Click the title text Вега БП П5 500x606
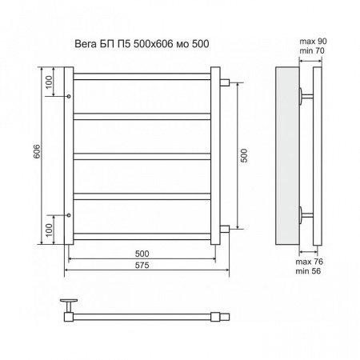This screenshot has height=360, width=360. pos(124,44)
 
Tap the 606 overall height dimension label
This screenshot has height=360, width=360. pos(37,151)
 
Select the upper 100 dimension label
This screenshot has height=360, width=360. pos(49,82)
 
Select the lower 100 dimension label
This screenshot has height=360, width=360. pos(49,230)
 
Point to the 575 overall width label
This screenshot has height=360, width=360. pos(142,266)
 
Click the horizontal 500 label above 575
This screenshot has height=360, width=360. pos(142,254)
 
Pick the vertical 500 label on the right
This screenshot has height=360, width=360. pos(244,155)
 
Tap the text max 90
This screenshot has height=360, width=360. pos(313,42)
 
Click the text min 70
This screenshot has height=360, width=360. pos(312,50)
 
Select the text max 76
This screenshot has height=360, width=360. pos(309,262)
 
